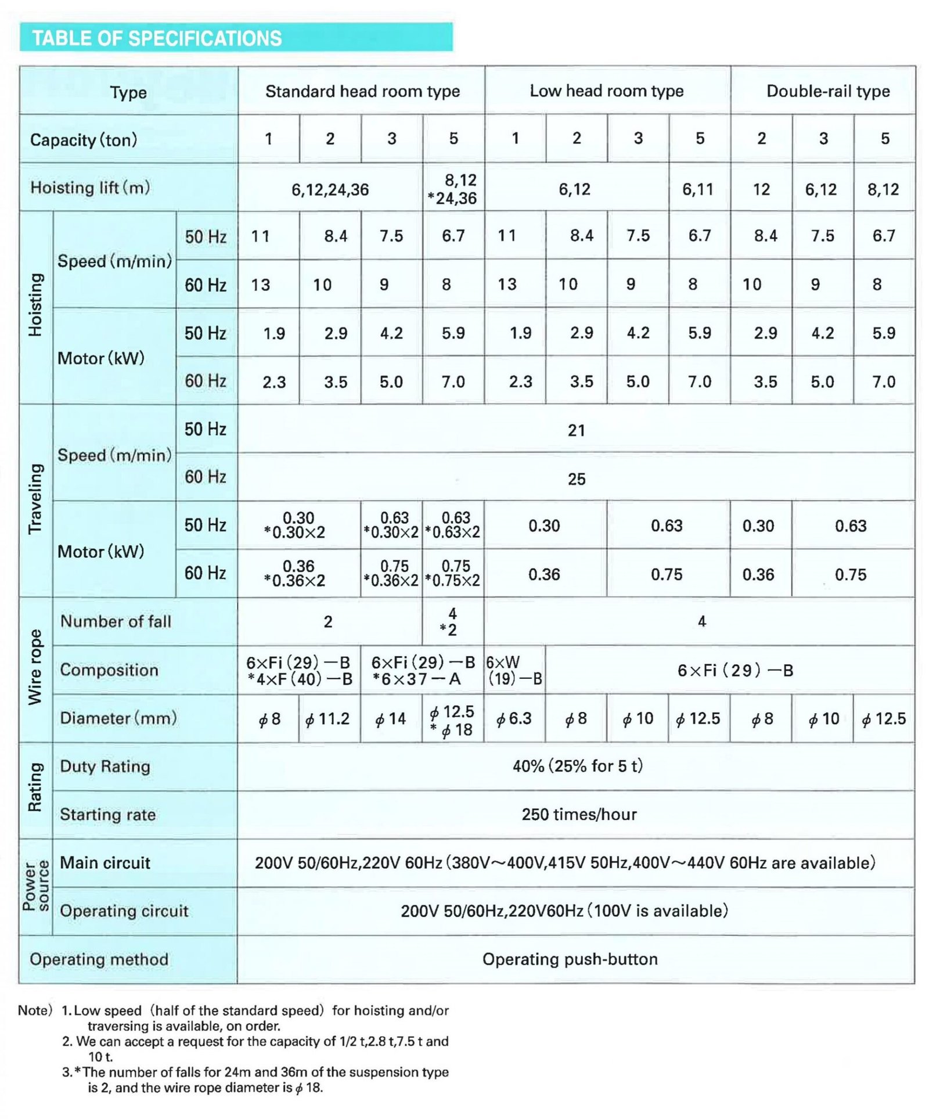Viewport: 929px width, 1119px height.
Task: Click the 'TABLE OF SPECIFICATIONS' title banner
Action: (x=157, y=38)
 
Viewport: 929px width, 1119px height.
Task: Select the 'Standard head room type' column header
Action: (x=362, y=91)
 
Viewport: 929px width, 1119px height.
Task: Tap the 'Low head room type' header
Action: (x=606, y=91)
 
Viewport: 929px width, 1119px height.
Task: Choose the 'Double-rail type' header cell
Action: (x=827, y=91)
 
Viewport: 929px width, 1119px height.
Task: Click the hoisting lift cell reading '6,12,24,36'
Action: (x=330, y=190)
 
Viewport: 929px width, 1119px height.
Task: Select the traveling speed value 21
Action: (x=576, y=430)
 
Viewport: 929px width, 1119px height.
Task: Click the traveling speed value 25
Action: (x=576, y=479)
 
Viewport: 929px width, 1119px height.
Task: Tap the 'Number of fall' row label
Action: (x=116, y=621)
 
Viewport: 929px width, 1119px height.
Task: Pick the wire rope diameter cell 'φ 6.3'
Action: (x=514, y=719)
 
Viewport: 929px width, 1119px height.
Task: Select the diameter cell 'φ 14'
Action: (x=391, y=719)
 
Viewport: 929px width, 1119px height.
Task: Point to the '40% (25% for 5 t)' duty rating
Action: (x=577, y=766)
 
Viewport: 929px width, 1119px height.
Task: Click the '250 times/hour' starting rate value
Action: (x=579, y=814)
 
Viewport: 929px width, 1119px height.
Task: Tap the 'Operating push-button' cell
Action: (x=570, y=959)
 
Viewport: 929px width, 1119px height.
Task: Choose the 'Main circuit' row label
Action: (x=105, y=862)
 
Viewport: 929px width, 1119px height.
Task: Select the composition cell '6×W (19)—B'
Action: (x=514, y=670)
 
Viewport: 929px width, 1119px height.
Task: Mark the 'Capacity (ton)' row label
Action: (x=84, y=140)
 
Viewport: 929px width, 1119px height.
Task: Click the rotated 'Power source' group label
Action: (x=35, y=886)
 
